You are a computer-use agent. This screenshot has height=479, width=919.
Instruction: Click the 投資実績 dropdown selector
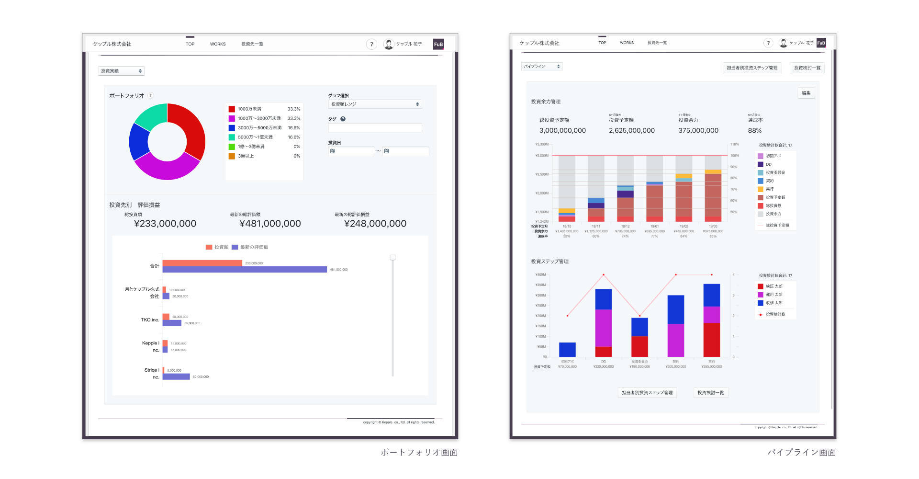121,71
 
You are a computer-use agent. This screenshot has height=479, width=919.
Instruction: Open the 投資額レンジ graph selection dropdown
375,104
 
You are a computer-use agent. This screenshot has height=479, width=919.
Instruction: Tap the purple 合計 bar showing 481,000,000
244,270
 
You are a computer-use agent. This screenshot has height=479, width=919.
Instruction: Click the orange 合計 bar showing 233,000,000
202,263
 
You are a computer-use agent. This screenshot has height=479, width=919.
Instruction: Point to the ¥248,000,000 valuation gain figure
375,224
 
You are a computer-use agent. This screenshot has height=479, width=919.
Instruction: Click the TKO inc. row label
150,320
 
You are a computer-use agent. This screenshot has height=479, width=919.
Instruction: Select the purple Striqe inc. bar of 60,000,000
176,376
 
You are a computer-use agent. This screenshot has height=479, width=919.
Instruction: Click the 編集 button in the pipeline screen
806,93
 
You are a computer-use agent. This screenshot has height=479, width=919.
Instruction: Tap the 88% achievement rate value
755,130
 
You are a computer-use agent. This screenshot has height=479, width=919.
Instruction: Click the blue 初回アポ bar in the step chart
567,349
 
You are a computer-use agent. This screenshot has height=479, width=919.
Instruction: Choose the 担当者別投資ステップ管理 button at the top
752,68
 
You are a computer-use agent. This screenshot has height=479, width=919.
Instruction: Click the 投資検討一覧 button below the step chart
710,393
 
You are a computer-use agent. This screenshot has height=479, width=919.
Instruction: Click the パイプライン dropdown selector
541,67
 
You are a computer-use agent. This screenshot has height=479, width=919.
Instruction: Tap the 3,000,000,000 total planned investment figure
562,130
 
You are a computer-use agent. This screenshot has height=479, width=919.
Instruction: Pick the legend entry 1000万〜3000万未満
259,118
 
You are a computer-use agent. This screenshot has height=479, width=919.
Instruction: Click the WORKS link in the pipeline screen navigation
627,43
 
